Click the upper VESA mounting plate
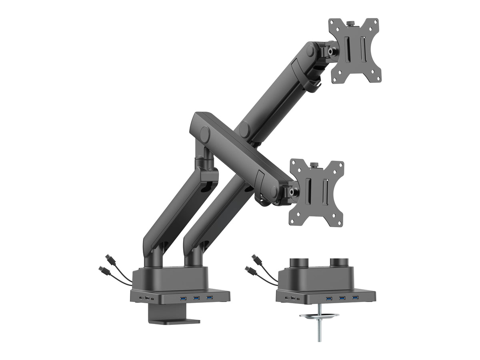coord(354,50)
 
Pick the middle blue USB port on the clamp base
coord(196,298)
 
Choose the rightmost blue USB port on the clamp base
coord(209,297)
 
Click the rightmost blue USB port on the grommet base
coord(355,298)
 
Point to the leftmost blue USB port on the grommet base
coord(329,298)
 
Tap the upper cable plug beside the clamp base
coord(109,258)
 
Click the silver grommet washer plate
coord(319,317)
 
